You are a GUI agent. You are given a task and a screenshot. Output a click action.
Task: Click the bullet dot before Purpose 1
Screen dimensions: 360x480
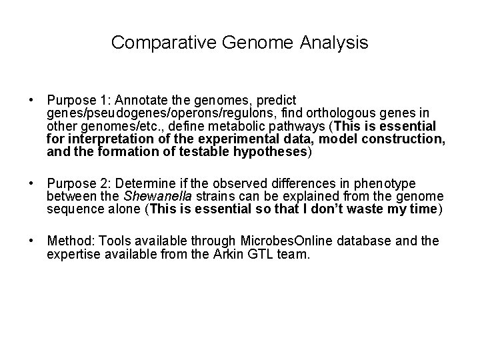[x=31, y=101]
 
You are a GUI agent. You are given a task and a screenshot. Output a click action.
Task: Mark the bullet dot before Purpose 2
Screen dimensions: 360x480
[x=31, y=183]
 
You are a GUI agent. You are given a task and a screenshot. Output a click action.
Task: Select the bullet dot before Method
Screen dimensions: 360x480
[x=31, y=240]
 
